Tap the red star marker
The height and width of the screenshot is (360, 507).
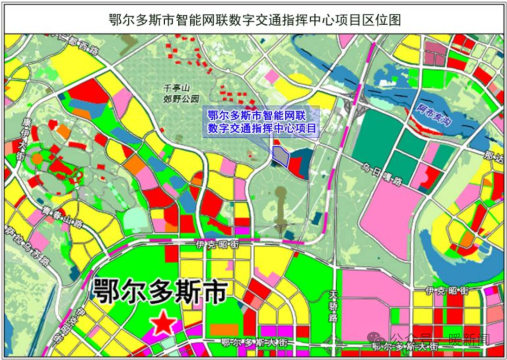click(x=163, y=322)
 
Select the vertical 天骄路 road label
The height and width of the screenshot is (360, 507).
click(x=333, y=306)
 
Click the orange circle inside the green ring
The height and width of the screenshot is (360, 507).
click(x=38, y=158)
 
